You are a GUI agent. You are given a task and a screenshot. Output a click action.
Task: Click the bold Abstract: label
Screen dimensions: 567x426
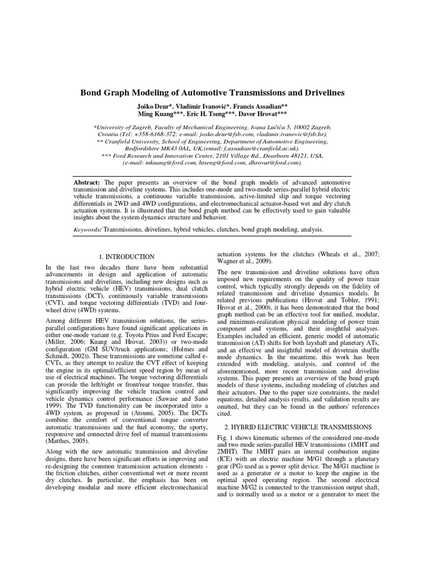88,182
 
